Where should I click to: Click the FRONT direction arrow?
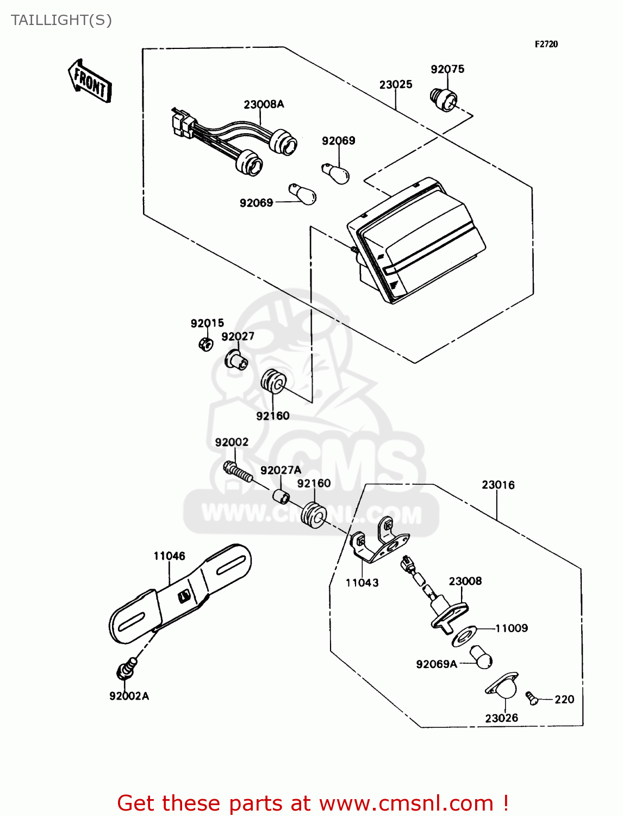pos(90,82)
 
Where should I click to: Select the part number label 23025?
pos(395,84)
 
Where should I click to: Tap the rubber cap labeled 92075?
pos(444,100)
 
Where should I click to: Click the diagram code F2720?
pos(546,44)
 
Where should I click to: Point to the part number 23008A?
pos(264,104)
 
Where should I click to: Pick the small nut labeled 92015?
pos(205,343)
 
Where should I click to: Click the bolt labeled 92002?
pos(238,471)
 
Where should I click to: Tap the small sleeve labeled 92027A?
pos(281,497)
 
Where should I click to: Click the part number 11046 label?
pos(169,556)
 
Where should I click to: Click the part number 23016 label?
pos(497,485)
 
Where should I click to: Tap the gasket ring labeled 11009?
pos(464,635)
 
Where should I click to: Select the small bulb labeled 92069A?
pos(481,656)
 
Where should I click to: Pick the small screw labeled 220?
pos(532,697)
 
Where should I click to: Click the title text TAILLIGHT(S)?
pos(61,20)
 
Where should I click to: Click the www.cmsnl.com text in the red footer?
pos(406,803)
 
